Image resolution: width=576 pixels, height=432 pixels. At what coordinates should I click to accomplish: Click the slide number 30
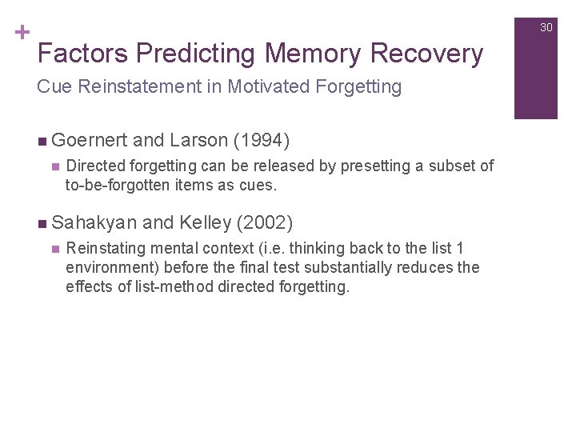tap(546, 27)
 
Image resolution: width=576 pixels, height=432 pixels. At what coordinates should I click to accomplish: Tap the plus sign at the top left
tap(22, 33)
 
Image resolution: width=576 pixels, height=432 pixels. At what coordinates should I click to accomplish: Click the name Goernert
tap(90, 141)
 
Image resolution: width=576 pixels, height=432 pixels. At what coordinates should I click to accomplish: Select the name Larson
tap(198, 141)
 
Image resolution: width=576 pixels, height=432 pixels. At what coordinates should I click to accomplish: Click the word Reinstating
tap(105, 249)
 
